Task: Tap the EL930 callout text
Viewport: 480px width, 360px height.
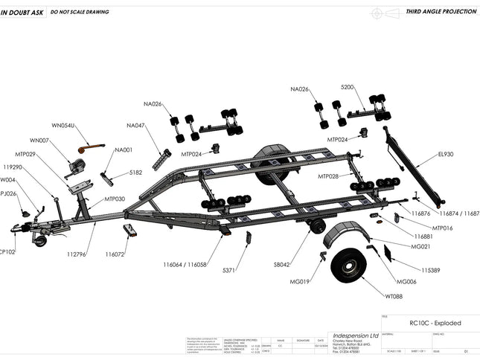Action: [x=446, y=155]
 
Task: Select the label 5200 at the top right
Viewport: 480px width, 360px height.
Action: [x=348, y=87]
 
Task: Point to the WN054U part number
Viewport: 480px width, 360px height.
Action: [x=63, y=126]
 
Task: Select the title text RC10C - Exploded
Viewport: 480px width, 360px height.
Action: [x=435, y=324]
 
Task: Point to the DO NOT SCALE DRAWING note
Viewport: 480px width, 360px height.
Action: [x=80, y=13]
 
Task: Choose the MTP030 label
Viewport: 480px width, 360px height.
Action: [x=115, y=199]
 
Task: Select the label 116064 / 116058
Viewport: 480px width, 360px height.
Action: [x=185, y=264]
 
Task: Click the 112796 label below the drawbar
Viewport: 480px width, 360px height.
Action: [x=77, y=254]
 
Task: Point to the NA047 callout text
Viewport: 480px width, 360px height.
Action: [x=136, y=126]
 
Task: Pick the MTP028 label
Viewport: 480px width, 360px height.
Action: [x=328, y=176]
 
